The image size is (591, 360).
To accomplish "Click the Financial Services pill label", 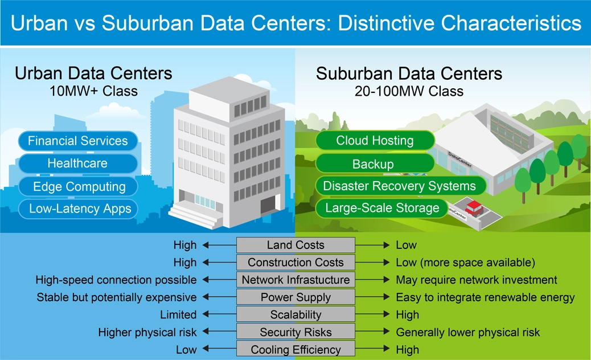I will click(x=78, y=141).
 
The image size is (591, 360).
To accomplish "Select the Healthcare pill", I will click(x=78, y=163).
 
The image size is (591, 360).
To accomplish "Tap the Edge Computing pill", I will click(x=79, y=186).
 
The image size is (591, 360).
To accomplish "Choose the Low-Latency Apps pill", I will click(x=80, y=209).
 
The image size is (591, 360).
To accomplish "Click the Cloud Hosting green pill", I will click(x=375, y=141).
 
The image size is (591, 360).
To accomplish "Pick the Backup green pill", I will click(x=373, y=164).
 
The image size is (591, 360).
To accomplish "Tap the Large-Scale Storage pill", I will click(x=382, y=208).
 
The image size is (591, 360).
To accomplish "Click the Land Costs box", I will click(x=295, y=246).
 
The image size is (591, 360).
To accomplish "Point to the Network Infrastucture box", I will click(x=295, y=280).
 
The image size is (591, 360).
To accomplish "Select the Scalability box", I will click(x=295, y=315).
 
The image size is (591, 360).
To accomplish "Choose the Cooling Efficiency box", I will click(x=295, y=350).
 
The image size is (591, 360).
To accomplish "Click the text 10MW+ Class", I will click(x=93, y=91).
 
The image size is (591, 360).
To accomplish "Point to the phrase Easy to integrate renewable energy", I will click(x=485, y=297).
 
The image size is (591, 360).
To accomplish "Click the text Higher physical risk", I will click(x=147, y=332).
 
